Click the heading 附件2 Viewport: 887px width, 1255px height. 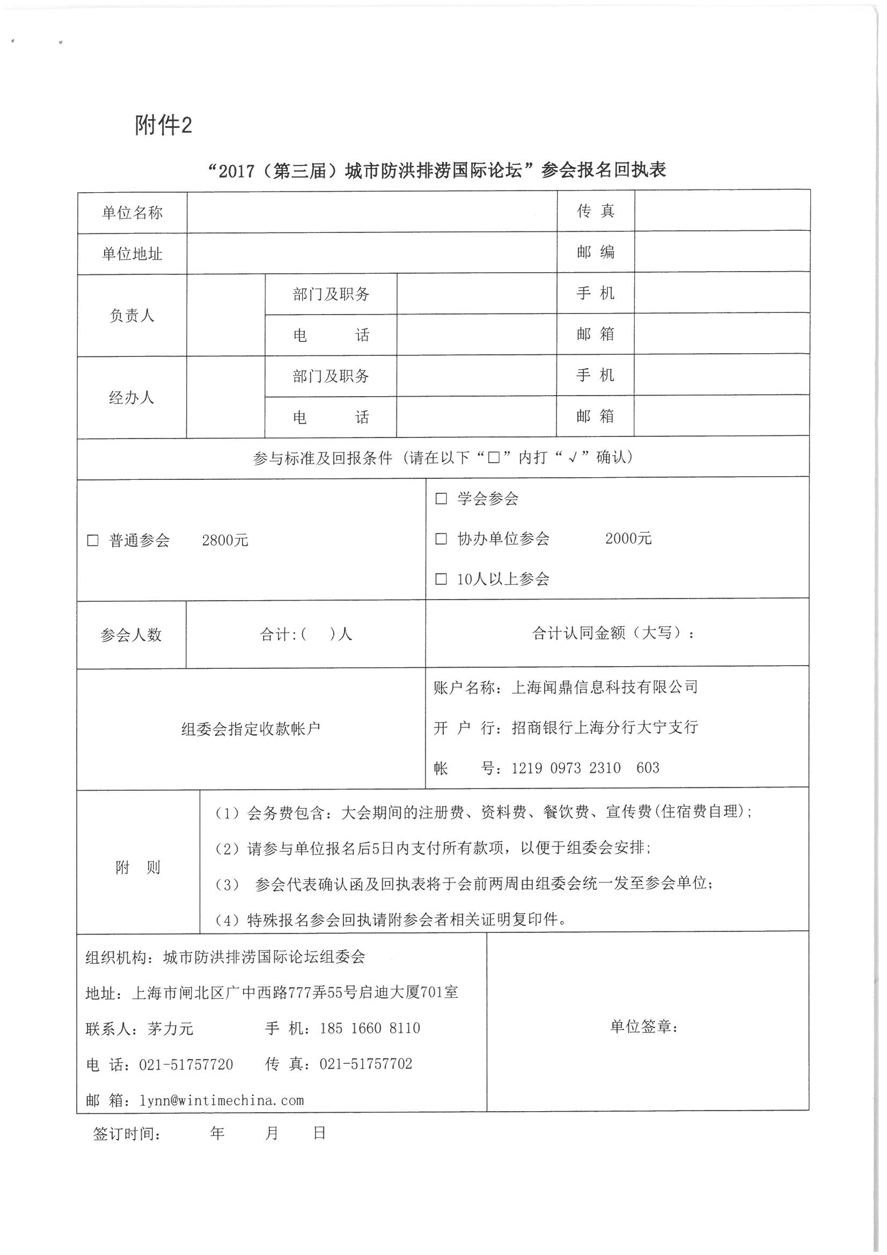coord(163,126)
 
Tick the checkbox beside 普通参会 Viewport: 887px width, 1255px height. coord(93,541)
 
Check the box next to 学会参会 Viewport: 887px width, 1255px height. coord(441,499)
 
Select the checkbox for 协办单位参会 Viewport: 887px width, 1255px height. coord(441,539)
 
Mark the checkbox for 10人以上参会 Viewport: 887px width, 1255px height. coord(441,579)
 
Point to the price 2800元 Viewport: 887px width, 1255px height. coord(225,541)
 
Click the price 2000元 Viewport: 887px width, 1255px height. coord(628,538)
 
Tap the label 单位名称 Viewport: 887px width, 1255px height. coord(132,213)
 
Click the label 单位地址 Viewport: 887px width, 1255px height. coord(132,253)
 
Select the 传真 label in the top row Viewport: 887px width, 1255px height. coord(595,211)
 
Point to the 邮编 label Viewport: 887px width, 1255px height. coord(595,252)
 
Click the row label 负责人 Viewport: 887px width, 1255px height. coord(131,316)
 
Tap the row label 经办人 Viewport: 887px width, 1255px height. coord(131,397)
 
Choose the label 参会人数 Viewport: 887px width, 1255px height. coord(131,634)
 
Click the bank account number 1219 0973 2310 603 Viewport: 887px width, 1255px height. coord(585,768)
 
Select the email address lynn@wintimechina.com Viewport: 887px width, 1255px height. coord(221,1100)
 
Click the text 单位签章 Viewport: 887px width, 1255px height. coord(644,1026)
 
